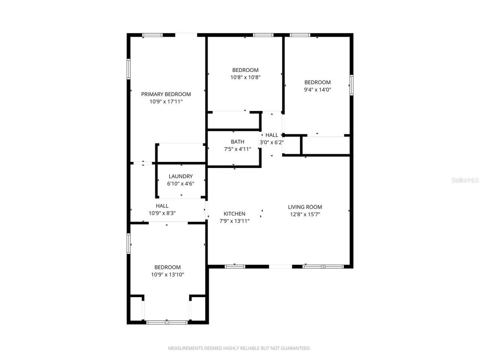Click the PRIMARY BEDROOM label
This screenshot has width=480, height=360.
(x=166, y=94)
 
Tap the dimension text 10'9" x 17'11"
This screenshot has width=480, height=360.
(x=166, y=102)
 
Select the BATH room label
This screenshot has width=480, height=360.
(x=237, y=142)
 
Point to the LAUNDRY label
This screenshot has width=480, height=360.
(x=180, y=176)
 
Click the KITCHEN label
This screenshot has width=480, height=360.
(x=234, y=214)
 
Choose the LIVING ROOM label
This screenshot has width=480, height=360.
(x=305, y=207)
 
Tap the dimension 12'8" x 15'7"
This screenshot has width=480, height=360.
(x=305, y=214)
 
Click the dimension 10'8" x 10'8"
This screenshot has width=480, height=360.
(x=245, y=77)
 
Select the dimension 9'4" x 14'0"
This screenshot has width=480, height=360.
(x=317, y=90)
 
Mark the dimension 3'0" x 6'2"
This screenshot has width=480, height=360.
(x=272, y=142)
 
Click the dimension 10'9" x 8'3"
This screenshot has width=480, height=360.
(x=162, y=213)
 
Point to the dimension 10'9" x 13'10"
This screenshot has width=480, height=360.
(x=167, y=274)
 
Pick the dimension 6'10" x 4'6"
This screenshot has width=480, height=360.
(x=180, y=184)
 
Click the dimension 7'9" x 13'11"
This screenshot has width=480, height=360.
(x=234, y=221)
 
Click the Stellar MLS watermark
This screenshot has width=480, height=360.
(x=465, y=180)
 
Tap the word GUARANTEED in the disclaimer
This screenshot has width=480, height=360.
(x=296, y=348)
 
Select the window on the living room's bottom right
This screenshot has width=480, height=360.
(x=323, y=267)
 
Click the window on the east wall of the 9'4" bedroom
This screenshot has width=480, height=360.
(x=351, y=85)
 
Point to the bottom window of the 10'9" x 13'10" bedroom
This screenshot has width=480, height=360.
(x=167, y=322)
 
